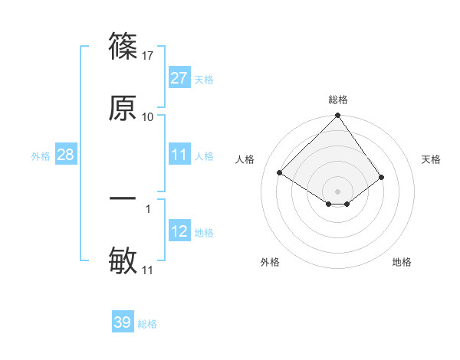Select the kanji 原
tap(123, 108)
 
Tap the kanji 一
tap(123, 198)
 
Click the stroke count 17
tap(148, 55)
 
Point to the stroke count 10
tap(148, 116)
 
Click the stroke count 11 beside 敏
tap(148, 270)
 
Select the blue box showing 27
tap(179, 78)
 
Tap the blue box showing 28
tap(66, 155)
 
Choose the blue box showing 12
tap(179, 231)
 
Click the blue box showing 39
tap(122, 322)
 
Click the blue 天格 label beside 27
tap(204, 79)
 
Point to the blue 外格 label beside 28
tap(41, 155)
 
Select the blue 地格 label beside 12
tap(204, 232)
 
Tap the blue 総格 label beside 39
tap(147, 323)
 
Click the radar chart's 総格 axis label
tap(337, 100)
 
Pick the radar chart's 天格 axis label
tap(432, 159)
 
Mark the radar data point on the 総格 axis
tap(337, 116)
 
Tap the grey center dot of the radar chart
tap(337, 191)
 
